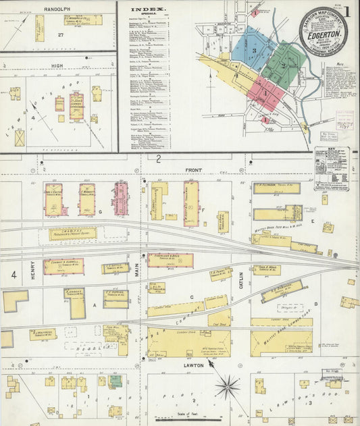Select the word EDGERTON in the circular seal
[x=323, y=30]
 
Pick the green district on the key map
[x=281, y=65]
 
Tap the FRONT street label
[x=194, y=170]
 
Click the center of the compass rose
[x=228, y=387]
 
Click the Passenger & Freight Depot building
[x=72, y=234]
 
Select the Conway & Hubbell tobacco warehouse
[x=63, y=266]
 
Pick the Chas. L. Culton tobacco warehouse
[x=53, y=200]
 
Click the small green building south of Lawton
[x=116, y=381]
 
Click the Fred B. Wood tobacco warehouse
[x=267, y=269]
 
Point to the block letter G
[x=99, y=211]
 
